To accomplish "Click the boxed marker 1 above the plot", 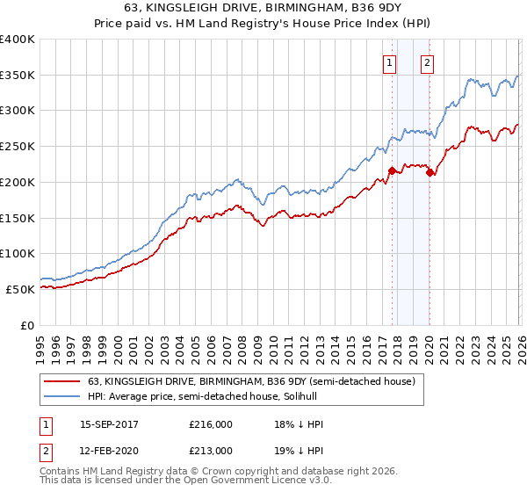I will click(388, 62).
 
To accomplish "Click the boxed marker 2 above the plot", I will click(427, 62).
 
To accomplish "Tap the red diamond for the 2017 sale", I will click(392, 171).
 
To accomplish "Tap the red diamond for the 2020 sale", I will click(430, 173).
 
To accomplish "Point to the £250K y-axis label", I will click(18, 147).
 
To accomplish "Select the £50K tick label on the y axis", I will click(21, 289).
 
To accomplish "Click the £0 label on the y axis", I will click(27, 325).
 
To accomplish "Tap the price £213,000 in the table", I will click(210, 450).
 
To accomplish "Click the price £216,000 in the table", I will click(210, 423).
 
